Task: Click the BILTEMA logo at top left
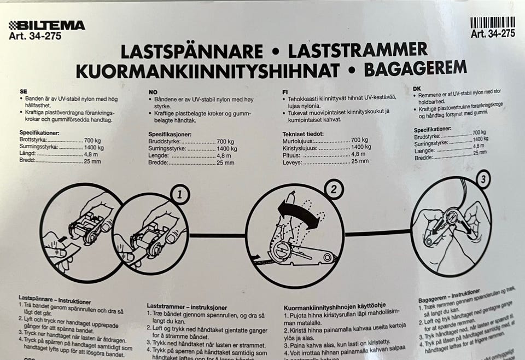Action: coord(46,25)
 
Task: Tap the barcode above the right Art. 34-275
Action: coord(492,22)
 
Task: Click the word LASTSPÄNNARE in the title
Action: coord(191,52)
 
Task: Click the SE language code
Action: coord(24,92)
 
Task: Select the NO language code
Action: coord(153,92)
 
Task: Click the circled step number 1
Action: coord(180,194)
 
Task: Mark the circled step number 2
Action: coord(333,190)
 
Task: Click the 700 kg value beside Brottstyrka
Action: coord(94,140)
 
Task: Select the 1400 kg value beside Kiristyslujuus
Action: coord(361,147)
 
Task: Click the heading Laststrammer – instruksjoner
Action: coord(186,307)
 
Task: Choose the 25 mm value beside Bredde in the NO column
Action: coord(225,162)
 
